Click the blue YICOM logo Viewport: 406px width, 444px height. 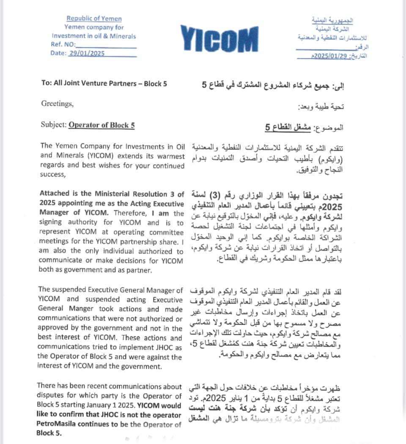(219, 39)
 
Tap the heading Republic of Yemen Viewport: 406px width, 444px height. (94, 18)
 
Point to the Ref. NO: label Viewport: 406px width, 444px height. (63, 44)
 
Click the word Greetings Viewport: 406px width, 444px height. (57, 103)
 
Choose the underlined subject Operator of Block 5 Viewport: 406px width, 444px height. (101, 124)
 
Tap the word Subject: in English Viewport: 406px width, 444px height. (54, 124)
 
